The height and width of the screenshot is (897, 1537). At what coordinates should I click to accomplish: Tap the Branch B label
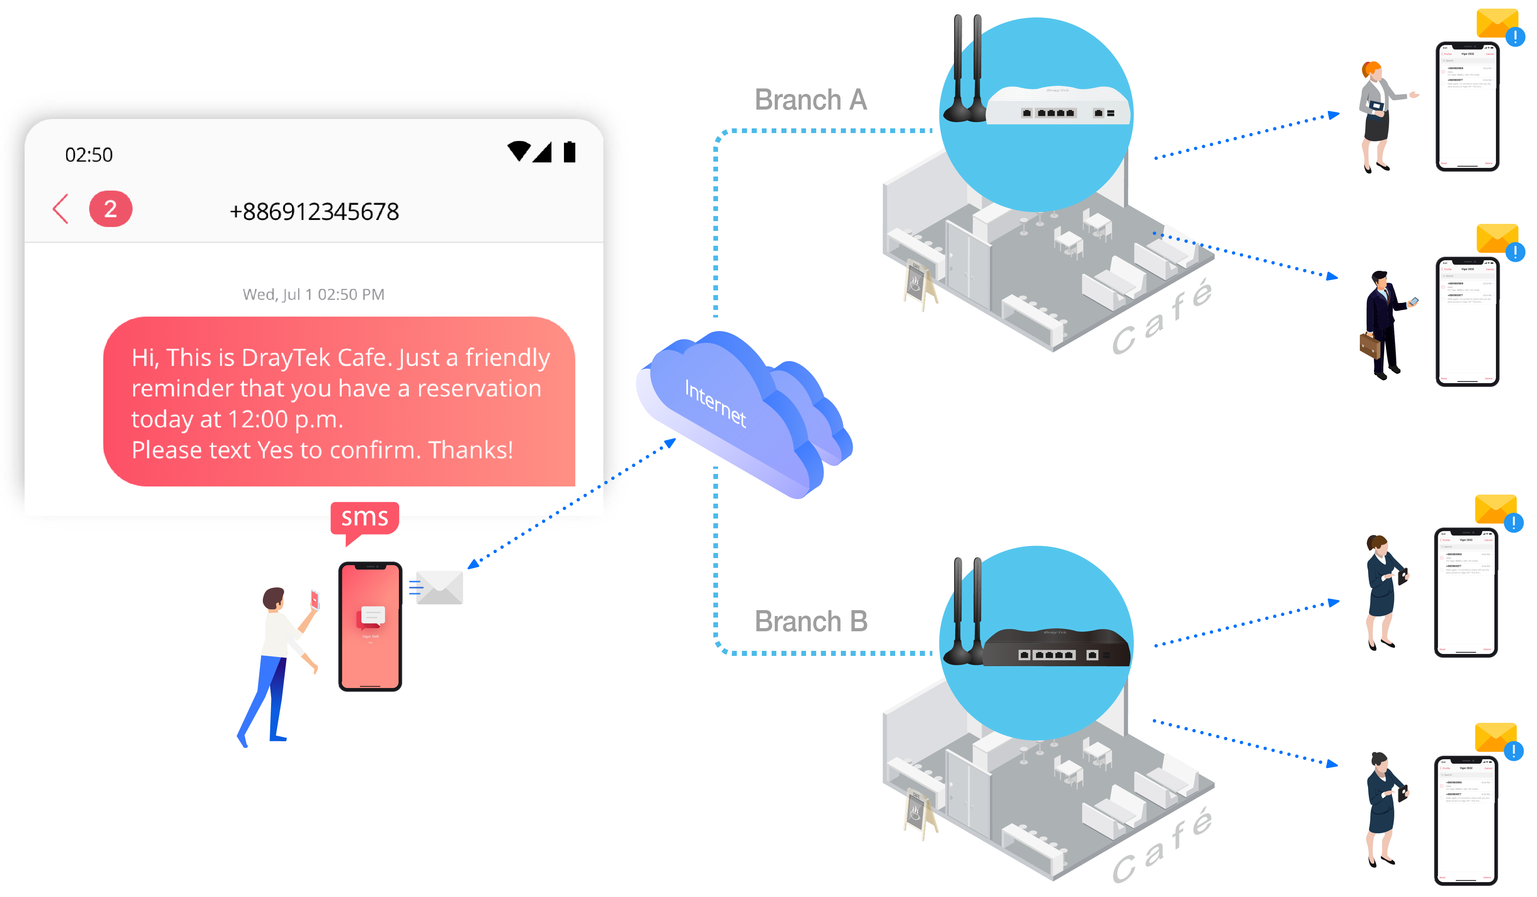811,622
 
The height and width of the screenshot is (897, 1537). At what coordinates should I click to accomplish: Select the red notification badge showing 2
110,209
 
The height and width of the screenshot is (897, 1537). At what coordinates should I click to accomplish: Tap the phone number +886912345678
314,212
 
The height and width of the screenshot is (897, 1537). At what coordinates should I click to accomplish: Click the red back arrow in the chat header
60,209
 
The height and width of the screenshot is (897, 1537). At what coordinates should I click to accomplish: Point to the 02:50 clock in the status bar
89,155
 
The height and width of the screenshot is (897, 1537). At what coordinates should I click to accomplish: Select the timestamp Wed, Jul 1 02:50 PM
314,295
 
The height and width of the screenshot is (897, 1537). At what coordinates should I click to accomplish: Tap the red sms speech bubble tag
365,519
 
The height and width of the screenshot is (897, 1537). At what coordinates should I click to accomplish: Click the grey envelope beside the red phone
439,587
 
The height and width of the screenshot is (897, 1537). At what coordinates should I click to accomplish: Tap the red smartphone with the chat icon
370,626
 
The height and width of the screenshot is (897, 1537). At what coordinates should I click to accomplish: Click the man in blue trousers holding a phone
278,665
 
